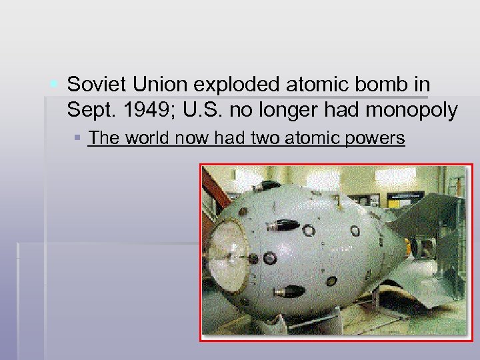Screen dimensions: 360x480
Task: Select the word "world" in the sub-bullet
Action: (146, 138)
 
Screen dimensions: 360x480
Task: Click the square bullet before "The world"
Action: (77, 138)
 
